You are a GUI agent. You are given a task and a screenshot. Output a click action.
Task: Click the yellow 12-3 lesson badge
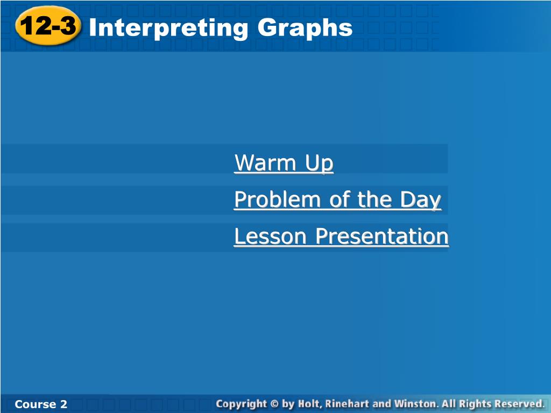(48, 26)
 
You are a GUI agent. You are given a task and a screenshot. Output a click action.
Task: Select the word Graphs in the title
(305, 28)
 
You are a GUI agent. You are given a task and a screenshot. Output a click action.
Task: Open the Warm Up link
(284, 162)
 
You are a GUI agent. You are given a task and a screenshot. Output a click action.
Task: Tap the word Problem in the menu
(277, 200)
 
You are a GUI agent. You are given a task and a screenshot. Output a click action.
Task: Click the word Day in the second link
(420, 200)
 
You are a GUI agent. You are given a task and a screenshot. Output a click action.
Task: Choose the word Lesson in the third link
(270, 236)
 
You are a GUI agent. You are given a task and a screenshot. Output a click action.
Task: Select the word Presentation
(382, 236)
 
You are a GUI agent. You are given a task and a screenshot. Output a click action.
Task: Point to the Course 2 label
(41, 404)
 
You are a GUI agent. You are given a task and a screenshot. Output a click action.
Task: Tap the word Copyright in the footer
(242, 404)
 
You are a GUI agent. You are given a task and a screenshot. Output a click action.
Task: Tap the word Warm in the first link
(265, 162)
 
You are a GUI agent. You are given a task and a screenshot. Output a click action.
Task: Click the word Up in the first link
(319, 163)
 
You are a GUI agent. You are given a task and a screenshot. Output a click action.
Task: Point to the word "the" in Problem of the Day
(375, 200)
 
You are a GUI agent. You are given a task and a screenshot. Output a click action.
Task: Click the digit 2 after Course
(63, 404)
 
